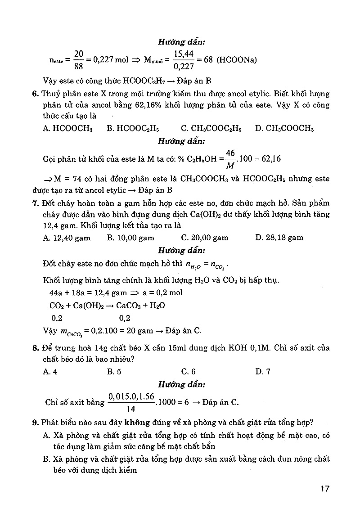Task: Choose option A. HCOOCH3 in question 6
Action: coord(67,128)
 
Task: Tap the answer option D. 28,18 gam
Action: coord(279,238)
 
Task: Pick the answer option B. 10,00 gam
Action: coord(130,238)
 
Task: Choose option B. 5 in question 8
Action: coord(114,371)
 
